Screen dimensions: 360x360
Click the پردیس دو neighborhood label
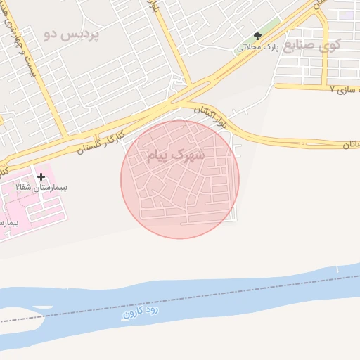click(x=71, y=33)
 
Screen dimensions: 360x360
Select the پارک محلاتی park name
click(x=258, y=47)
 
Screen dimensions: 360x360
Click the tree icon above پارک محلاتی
click(x=257, y=37)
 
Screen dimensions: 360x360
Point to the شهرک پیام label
click(x=176, y=155)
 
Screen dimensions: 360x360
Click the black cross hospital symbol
click(x=41, y=176)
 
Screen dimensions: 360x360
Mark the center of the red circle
click(x=180, y=179)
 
